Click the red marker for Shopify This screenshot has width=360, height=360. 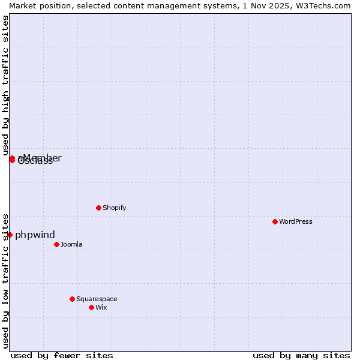tap(98, 208)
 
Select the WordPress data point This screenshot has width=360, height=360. tap(275, 221)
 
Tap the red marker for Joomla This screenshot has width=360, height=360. tap(56, 244)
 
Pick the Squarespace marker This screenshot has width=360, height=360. tap(72, 299)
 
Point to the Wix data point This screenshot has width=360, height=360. tap(91, 307)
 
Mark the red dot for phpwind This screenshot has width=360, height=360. tap(10, 235)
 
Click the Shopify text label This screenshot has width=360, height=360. tap(114, 208)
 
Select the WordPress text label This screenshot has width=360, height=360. tap(295, 221)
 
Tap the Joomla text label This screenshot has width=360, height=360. tap(71, 244)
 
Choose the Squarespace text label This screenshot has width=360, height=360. tap(97, 299)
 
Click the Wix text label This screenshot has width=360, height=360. tap(101, 307)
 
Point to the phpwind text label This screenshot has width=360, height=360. tap(35, 235)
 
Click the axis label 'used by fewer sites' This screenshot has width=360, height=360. tap(62, 355)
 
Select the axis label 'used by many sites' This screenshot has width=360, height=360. tap(301, 355)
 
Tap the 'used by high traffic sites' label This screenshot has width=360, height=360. tap(5, 86)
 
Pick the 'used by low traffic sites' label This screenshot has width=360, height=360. tap(5, 280)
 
